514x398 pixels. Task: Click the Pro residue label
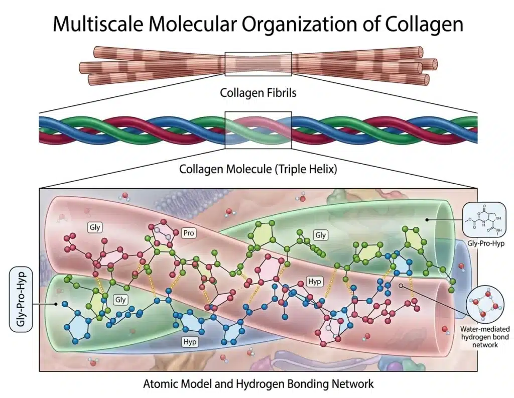pos(189,233)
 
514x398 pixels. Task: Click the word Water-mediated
pos(485,329)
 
